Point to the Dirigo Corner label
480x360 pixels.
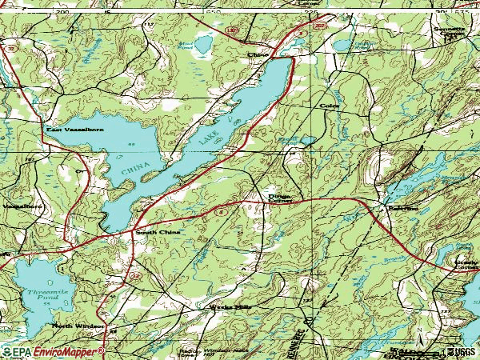279,196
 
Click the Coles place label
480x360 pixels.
329,106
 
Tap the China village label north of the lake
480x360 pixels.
257,55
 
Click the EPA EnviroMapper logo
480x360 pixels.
53,351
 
